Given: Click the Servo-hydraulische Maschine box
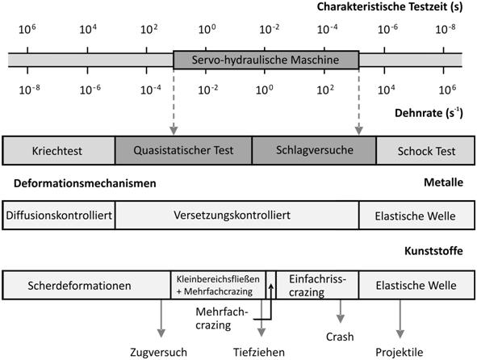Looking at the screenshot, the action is tap(266, 60).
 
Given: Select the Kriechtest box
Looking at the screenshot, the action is tap(59, 151).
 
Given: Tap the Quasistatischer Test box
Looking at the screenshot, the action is tap(183, 150).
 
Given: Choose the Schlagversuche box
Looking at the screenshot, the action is tap(314, 150).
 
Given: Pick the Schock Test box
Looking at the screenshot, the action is tap(425, 151).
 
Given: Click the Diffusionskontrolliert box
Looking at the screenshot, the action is tap(59, 216).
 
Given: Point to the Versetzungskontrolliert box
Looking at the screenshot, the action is tap(237, 216).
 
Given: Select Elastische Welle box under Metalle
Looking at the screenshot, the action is tap(416, 216).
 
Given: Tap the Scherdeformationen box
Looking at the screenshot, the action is tap(86, 285).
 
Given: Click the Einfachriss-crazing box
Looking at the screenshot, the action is tap(317, 285).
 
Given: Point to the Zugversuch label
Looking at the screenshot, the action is tap(158, 352).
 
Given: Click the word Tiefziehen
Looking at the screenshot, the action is tap(259, 352).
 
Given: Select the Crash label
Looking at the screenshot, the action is tap(340, 337).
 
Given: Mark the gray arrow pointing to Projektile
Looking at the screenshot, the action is tap(400, 319).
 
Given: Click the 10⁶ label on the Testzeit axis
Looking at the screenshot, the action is tap(27, 29).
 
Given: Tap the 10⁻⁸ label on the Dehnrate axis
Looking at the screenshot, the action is tap(29, 90).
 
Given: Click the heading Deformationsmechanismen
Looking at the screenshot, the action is tap(85, 183).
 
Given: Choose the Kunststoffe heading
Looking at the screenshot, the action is tap(433, 251).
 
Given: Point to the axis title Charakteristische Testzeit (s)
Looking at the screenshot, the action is tap(390, 6).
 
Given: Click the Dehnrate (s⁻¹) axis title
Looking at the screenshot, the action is tap(429, 113).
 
